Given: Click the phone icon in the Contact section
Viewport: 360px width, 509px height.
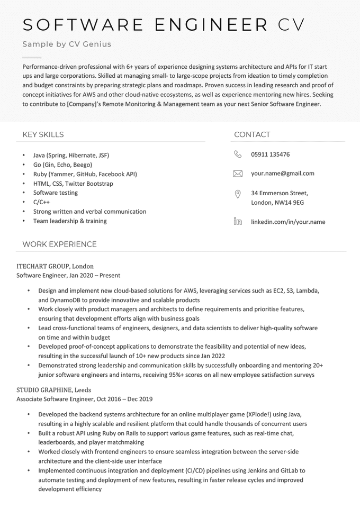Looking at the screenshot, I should pos(238,154).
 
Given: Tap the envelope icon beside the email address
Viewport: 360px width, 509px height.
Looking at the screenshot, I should pos(238,174).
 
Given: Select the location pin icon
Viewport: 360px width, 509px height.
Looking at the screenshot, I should pos(238,194).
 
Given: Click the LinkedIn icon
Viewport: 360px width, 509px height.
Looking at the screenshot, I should pos(238,222).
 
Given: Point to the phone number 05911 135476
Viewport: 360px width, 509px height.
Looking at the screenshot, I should pos(270,154).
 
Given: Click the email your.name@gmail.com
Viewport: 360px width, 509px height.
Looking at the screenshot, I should pos(282,174).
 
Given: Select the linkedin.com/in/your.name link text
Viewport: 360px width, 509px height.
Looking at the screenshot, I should pos(288,222).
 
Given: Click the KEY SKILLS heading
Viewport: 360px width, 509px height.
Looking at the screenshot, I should pos(43,134).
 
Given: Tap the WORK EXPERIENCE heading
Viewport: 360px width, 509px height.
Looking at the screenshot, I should pos(59,244).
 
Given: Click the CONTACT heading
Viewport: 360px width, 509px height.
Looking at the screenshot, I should pos(252,134).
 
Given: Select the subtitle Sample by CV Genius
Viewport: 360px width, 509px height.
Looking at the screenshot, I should pos(67,44).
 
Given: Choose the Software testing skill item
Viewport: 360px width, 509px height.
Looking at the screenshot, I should pos(55,193).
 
